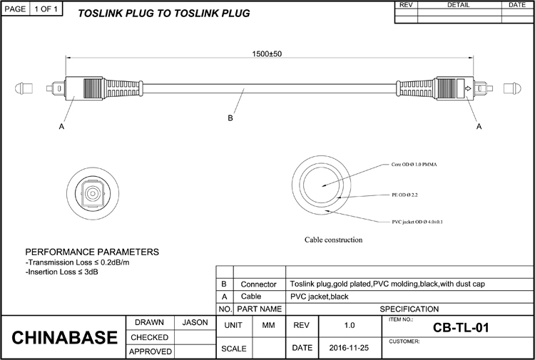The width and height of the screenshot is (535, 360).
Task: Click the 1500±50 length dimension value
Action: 267,54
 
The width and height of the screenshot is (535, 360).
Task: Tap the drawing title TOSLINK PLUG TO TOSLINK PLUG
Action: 164,14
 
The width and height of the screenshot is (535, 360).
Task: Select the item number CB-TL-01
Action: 461,328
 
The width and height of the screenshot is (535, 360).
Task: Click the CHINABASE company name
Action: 64,337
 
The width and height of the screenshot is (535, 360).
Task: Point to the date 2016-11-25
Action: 349,348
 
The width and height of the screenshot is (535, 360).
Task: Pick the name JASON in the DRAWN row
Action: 195,322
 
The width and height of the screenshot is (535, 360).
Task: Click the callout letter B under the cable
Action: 230,118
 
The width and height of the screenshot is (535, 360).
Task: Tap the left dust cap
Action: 24,88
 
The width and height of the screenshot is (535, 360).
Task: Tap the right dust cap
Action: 512,88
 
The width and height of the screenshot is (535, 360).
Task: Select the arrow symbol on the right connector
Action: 468,88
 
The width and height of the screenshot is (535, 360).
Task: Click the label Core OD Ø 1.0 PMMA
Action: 414,165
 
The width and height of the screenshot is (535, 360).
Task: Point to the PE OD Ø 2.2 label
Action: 404,195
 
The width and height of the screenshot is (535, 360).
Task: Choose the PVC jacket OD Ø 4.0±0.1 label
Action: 417,222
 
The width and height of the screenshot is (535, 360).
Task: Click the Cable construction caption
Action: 333,240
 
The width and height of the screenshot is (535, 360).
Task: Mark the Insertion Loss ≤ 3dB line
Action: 62,272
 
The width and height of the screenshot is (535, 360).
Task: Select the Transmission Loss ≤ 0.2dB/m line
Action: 78,262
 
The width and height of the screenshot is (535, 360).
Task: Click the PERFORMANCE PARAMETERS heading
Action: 92,252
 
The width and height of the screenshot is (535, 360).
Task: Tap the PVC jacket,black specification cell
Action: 320,297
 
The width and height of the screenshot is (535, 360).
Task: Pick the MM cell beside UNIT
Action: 268,325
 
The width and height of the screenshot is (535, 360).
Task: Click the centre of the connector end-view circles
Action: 93,194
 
